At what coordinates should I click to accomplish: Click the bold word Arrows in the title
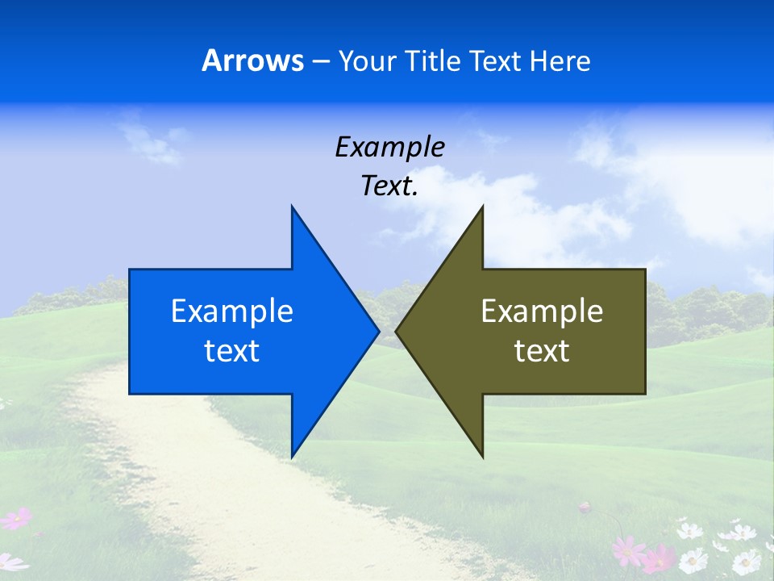(252, 61)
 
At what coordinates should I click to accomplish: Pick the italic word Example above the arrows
(389, 147)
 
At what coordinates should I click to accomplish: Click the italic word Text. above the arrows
(389, 186)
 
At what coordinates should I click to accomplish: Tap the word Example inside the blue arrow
(232, 311)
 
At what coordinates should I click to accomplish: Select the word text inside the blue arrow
(232, 351)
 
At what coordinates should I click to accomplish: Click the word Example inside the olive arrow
(542, 311)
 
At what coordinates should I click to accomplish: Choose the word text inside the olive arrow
(542, 351)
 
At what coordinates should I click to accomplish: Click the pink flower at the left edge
(16, 518)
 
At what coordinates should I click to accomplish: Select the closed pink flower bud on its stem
(585, 508)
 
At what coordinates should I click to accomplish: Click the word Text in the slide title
(496, 61)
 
